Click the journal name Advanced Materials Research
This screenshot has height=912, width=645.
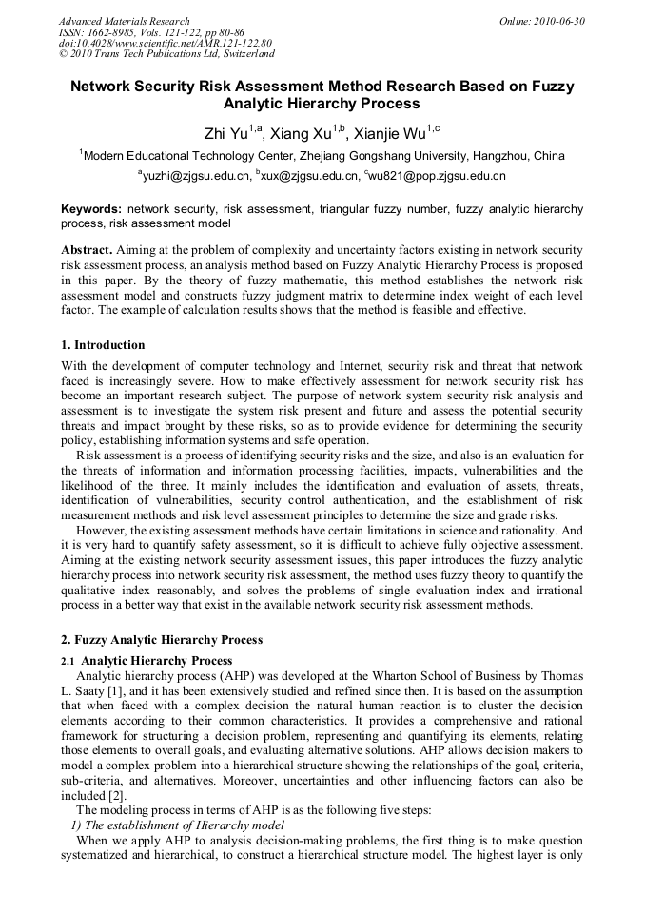pyautogui.click(x=124, y=21)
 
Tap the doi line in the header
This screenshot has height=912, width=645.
pyautogui.click(x=165, y=44)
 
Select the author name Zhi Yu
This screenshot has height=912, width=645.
pyautogui.click(x=225, y=132)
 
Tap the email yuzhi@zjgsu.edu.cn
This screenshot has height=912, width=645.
pyautogui.click(x=197, y=176)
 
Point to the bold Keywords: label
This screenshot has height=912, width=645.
pyautogui.click(x=91, y=208)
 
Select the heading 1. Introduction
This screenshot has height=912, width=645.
pyautogui.click(x=103, y=344)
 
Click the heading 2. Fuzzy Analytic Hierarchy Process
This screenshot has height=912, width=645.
pyautogui.click(x=162, y=640)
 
